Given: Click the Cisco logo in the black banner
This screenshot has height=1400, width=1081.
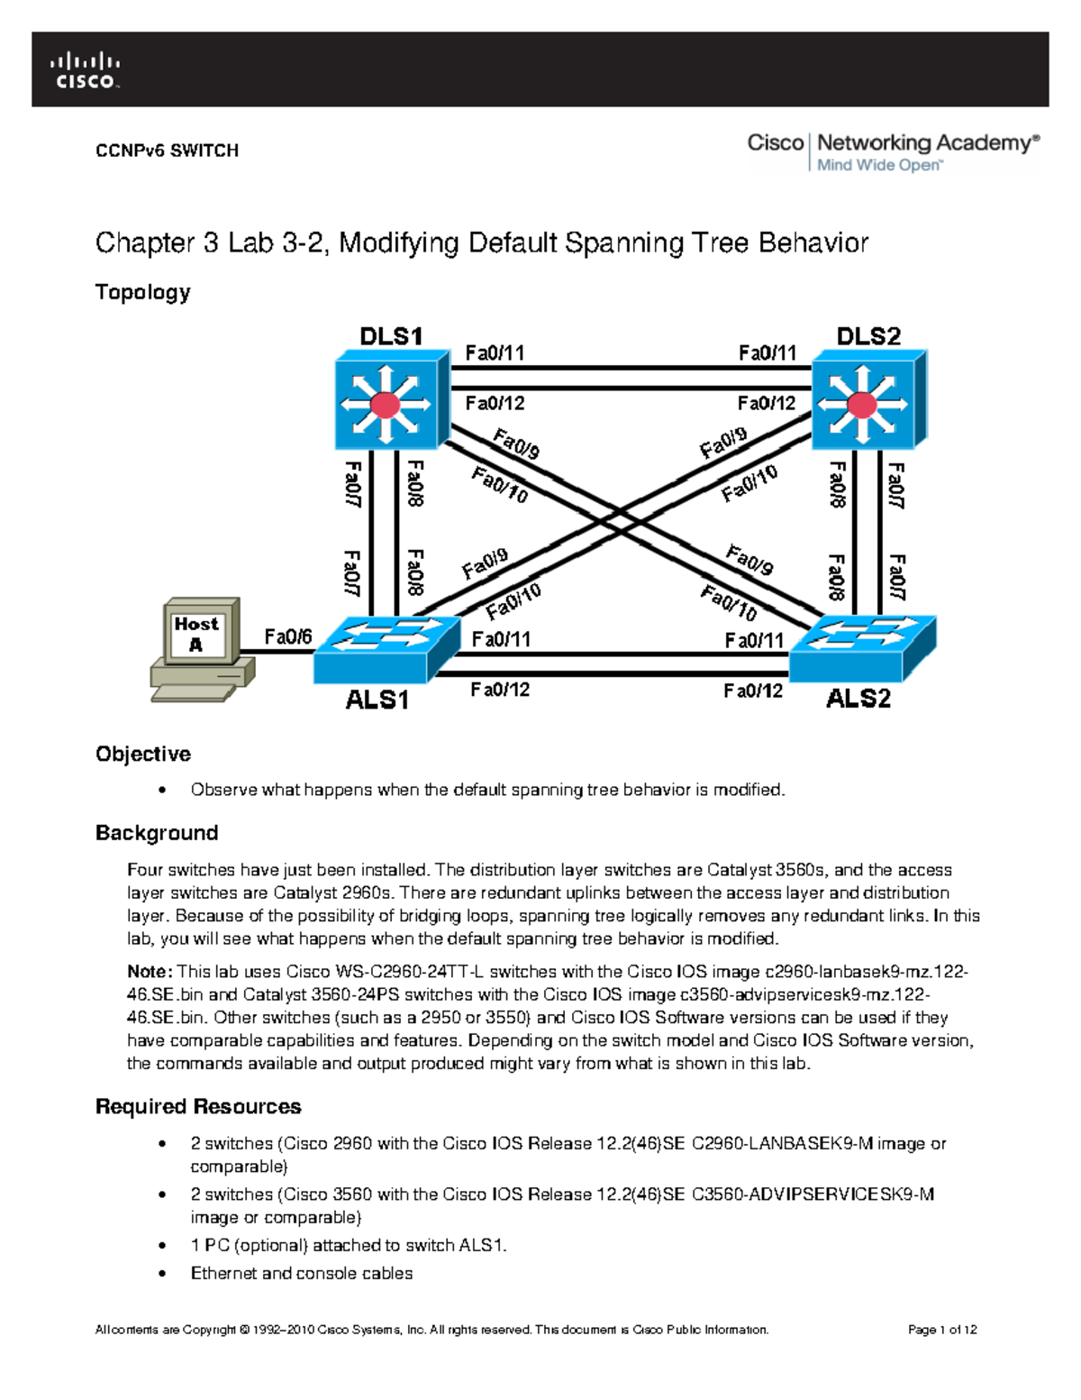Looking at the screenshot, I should point(85,70).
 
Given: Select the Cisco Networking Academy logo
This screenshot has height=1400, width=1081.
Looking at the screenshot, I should point(892,151).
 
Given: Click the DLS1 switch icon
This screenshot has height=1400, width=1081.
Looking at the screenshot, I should point(390,400).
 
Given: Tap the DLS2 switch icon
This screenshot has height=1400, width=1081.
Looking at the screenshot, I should point(868,400).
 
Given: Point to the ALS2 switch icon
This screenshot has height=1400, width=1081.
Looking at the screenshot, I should point(862,648).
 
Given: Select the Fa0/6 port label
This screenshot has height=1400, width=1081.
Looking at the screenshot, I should point(287,637).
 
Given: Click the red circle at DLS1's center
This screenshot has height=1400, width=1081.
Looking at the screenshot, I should point(386,405).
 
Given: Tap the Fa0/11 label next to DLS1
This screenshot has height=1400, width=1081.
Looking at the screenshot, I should point(495,353).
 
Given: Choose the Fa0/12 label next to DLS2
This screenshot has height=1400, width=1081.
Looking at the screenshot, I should point(767,403).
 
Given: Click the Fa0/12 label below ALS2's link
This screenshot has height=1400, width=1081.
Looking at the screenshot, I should point(753,691).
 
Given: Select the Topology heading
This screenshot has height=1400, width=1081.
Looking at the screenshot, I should point(142,292).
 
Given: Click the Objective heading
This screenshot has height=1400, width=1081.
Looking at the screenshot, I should point(142,754).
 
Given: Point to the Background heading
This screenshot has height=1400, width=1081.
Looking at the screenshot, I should point(157,833).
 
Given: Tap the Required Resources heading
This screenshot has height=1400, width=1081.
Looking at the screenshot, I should point(198,1106).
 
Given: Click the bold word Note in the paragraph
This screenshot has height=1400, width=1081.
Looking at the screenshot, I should point(149,972).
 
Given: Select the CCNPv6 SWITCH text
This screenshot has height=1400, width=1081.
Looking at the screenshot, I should point(167,151).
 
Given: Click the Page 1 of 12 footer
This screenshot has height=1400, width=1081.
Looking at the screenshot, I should point(942,1330).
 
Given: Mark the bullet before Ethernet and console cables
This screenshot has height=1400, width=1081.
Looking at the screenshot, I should point(162,1274).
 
